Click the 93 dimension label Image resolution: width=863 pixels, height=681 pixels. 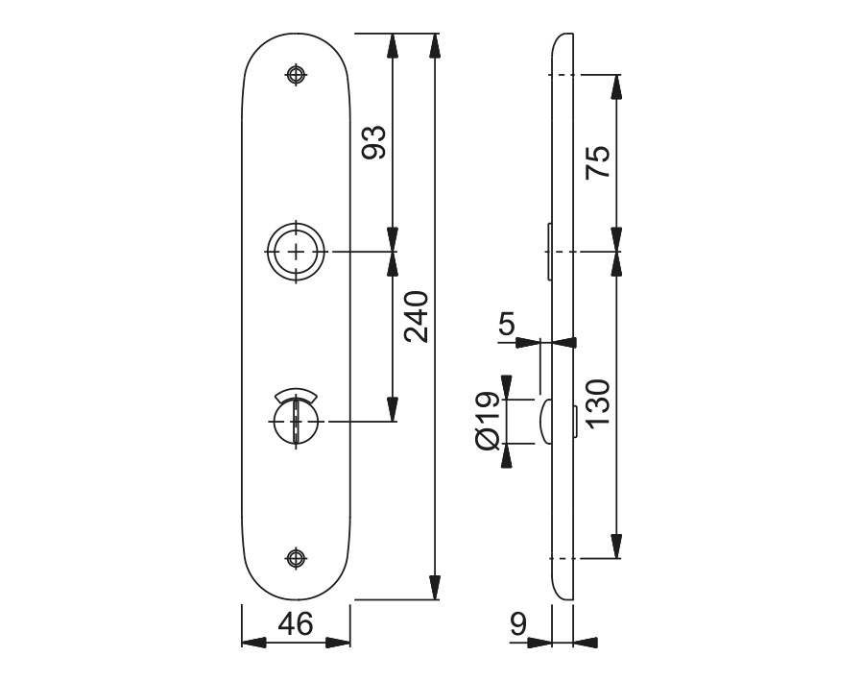point(374,142)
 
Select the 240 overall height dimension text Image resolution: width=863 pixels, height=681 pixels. point(417,317)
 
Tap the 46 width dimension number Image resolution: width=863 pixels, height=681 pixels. point(296,623)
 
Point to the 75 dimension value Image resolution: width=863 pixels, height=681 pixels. point(598,162)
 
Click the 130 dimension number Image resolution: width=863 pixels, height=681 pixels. point(598,403)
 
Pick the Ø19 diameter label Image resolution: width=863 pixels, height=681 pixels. point(487,422)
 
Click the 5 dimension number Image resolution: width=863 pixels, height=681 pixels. point(506,323)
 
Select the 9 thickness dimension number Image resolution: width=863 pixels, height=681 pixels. point(518,623)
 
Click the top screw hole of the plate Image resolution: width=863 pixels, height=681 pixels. point(296,74)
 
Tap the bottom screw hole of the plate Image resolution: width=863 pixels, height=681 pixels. point(296,558)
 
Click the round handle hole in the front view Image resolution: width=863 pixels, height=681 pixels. point(296,252)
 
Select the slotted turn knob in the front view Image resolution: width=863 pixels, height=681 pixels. point(296,422)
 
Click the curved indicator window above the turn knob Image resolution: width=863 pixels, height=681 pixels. point(296,394)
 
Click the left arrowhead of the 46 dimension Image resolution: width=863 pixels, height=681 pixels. point(254,643)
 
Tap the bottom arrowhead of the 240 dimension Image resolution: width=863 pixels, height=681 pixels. point(435,587)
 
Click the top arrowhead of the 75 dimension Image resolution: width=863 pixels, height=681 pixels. point(616,87)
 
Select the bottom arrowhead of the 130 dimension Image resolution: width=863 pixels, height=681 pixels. point(616,546)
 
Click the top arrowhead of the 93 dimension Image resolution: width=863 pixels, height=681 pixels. point(393,46)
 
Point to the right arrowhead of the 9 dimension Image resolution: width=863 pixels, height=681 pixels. point(586,643)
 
